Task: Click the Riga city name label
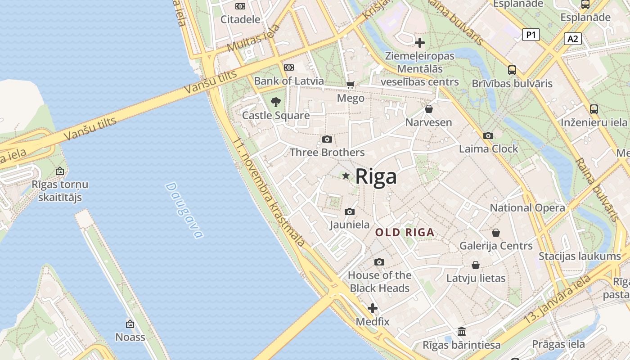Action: tap(376, 176)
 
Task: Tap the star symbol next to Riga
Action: tap(346, 176)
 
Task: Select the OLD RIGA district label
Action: tap(405, 233)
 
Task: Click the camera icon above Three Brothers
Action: tap(327, 139)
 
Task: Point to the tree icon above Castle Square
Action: tap(276, 102)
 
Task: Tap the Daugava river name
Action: tap(184, 210)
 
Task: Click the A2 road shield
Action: tap(572, 39)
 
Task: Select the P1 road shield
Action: tap(531, 35)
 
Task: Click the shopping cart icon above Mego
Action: tap(351, 85)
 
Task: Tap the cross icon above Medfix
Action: tap(373, 308)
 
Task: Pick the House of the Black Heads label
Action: tap(379, 282)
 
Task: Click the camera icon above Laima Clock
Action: tap(488, 135)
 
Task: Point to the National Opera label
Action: tap(527, 208)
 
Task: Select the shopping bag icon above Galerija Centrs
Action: tap(496, 233)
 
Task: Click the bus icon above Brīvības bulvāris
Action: tap(512, 70)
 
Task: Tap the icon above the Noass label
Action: tap(130, 324)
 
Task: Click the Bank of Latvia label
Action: tap(289, 81)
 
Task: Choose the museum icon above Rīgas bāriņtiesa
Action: tap(462, 332)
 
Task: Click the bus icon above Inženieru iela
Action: tap(594, 109)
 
